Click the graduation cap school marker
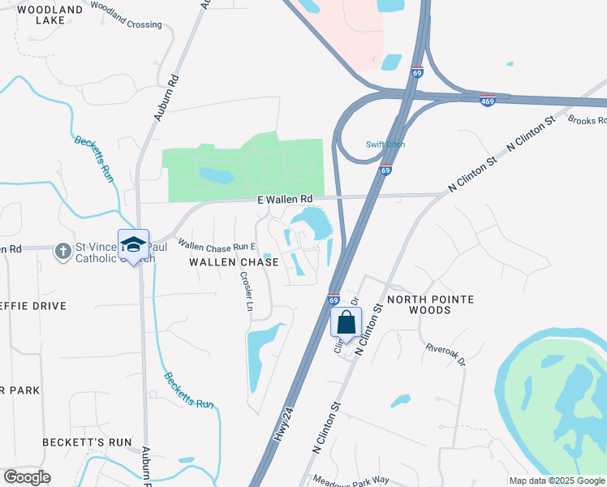134,245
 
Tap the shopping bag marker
346,322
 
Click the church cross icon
63,251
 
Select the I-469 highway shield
488,100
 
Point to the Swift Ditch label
385,144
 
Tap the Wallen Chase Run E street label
217,245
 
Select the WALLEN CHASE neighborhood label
234,262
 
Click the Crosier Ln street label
247,291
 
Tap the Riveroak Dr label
446,353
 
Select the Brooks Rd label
588,120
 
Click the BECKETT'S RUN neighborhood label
87,442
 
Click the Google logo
27,477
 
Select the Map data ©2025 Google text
557,481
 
